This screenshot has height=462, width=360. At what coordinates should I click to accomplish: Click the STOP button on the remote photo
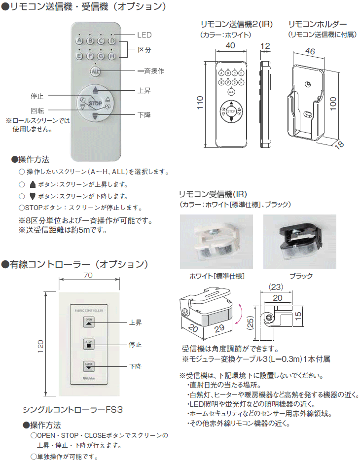click(x=95, y=103)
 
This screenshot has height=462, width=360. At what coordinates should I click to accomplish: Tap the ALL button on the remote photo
click(x=95, y=72)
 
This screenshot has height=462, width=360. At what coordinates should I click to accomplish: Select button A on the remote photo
click(x=79, y=41)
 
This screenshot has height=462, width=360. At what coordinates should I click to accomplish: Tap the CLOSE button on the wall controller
click(x=89, y=366)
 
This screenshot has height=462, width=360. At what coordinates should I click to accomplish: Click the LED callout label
click(x=144, y=35)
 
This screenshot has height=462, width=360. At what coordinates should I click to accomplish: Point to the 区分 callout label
click(x=144, y=50)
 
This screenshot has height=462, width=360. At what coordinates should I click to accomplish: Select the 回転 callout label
click(x=37, y=111)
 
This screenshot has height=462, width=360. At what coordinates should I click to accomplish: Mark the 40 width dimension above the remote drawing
click(x=229, y=45)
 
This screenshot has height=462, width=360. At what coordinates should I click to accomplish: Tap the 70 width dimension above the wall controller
click(x=88, y=276)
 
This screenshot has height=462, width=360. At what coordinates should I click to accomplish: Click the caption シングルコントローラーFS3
click(x=72, y=409)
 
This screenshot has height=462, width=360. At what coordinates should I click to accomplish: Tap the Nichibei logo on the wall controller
click(x=89, y=378)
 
